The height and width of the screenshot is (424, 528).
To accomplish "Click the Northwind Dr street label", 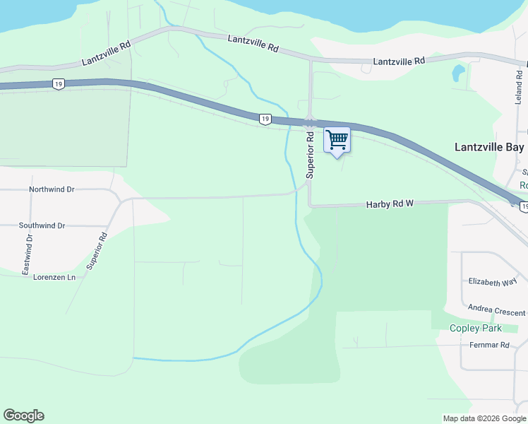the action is pyautogui.click(x=52, y=190).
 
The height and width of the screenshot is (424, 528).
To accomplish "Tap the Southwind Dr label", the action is pyautogui.click(x=42, y=225).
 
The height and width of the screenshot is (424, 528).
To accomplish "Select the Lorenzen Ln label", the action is pyautogui.click(x=54, y=278).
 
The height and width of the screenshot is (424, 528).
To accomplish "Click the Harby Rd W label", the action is pyautogui.click(x=389, y=204).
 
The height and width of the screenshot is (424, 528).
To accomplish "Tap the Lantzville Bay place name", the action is pyautogui.click(x=488, y=148).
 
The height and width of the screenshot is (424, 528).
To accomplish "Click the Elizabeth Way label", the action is pyautogui.click(x=493, y=281).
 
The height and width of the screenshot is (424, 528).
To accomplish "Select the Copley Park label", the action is pyautogui.click(x=476, y=328).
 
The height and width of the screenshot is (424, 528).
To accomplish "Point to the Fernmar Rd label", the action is pyautogui.click(x=489, y=346).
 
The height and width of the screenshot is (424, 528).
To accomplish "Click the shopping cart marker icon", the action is pyautogui.click(x=337, y=139).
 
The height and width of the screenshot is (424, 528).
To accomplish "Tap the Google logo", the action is pyautogui.click(x=23, y=416).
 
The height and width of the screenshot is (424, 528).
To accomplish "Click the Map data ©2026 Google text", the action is pyautogui.click(x=484, y=418).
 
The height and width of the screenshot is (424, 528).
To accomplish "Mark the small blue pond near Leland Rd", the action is pyautogui.click(x=458, y=71).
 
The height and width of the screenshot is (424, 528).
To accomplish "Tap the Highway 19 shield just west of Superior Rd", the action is pyautogui.click(x=265, y=119).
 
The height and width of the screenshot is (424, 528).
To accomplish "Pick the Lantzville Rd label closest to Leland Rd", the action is pyautogui.click(x=399, y=61).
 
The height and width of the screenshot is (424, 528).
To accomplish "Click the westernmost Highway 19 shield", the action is pyautogui.click(x=56, y=84).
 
